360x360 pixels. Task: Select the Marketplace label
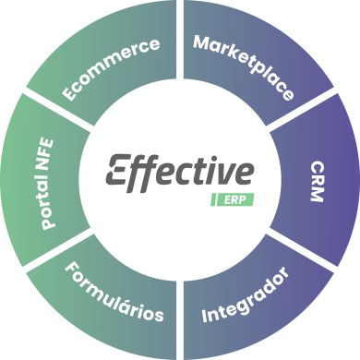pyautogui.click(x=245, y=67)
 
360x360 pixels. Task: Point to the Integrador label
pyautogui.click(x=246, y=295)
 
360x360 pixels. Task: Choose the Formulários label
pyautogui.click(x=114, y=294)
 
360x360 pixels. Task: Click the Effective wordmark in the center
pyautogui.click(x=180, y=172)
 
